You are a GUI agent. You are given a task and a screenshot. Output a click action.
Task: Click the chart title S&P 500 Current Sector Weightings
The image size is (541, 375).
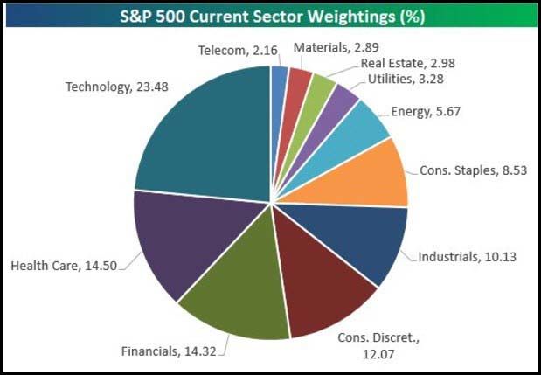[x=270, y=17]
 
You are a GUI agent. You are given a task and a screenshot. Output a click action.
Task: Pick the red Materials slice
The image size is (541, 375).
[x=295, y=84]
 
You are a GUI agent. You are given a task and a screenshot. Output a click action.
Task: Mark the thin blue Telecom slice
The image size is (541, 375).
[x=279, y=81]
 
